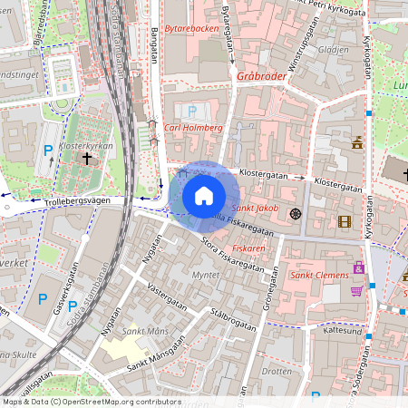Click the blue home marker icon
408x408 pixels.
tap(204, 196)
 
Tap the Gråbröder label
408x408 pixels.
tap(261, 77)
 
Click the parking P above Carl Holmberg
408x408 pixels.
tap(191, 111)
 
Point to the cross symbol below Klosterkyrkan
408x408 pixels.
tap(87, 159)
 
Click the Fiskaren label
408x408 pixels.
tap(248, 247)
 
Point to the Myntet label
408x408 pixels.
tap(207, 274)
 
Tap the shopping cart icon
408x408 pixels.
tap(357, 290)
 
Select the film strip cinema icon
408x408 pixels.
tap(344, 221)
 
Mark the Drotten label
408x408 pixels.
tap(277, 371)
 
